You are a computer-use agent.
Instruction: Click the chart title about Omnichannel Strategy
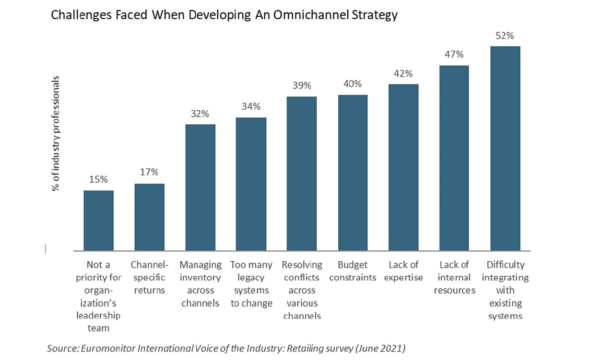click(224, 15)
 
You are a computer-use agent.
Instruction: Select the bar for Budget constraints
click(353, 173)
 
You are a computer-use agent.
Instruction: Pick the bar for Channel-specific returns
click(149, 217)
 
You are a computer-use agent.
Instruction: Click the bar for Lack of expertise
click(403, 167)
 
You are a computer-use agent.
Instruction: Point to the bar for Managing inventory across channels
click(200, 187)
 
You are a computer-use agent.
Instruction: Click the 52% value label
click(505, 36)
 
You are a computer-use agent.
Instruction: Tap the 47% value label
click(454, 55)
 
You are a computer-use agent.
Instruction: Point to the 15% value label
click(98, 180)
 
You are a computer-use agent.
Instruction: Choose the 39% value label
click(302, 86)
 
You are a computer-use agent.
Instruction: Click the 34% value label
click(251, 106)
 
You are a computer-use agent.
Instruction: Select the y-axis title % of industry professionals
click(57, 133)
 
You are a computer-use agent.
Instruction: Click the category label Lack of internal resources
click(454, 278)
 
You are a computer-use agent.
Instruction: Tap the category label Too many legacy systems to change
click(251, 284)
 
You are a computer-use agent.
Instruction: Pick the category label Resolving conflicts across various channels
click(302, 290)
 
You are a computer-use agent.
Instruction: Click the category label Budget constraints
click(353, 271)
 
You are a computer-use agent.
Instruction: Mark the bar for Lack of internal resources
click(454, 158)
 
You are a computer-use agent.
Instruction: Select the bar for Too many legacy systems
click(251, 184)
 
